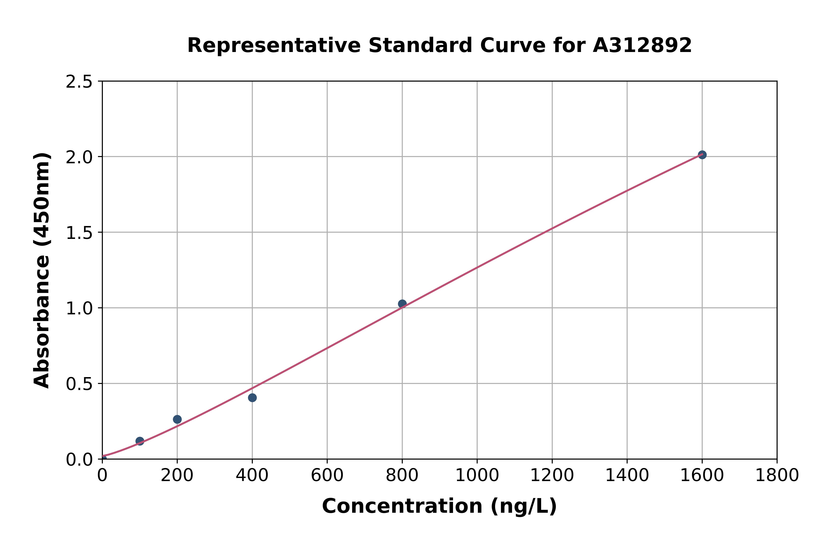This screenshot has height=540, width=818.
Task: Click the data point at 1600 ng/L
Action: click(702, 155)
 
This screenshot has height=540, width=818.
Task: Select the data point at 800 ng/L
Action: click(402, 304)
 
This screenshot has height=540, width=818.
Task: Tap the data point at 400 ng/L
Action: click(252, 398)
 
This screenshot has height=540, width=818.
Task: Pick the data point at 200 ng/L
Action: click(177, 419)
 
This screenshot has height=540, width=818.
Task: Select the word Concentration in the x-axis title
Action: click(402, 506)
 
